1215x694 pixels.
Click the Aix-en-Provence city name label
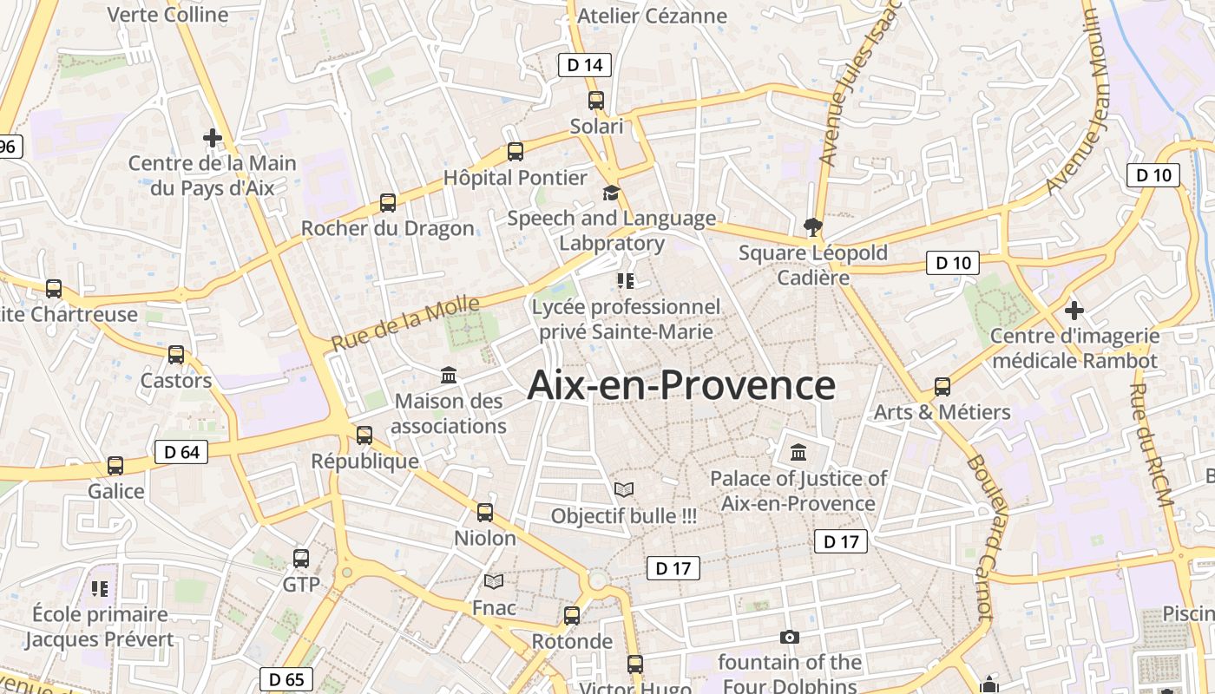(681, 385)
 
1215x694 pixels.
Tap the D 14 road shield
(584, 64)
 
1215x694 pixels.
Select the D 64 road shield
(181, 452)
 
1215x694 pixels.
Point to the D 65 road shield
(286, 679)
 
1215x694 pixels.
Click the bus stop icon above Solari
(595, 101)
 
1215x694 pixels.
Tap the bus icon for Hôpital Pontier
(516, 152)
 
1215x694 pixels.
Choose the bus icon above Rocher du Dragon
(387, 203)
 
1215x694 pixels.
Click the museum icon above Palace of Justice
(798, 453)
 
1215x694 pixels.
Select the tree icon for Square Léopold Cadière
(813, 227)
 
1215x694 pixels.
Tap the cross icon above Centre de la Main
(212, 137)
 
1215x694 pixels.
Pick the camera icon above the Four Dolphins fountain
(789, 637)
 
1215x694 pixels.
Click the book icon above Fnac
(494, 581)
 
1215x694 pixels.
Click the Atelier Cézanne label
(652, 16)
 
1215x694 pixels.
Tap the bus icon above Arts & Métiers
(942, 387)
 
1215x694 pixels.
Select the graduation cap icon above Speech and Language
(612, 193)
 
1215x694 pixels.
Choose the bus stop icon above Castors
(176, 355)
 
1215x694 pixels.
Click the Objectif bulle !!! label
(624, 516)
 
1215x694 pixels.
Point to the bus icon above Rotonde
(572, 616)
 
